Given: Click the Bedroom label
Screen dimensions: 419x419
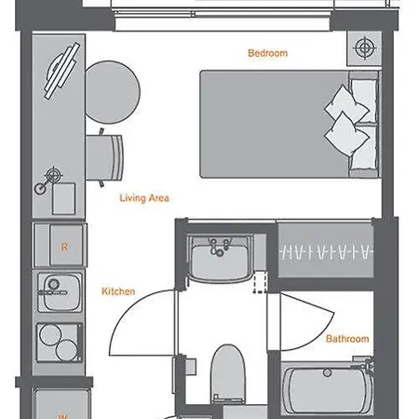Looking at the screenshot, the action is click(267, 53).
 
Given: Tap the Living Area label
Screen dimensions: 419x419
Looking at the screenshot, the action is click(144, 198).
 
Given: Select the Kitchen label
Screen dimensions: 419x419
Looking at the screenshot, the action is click(118, 291).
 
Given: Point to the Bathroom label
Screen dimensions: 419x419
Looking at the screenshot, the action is click(347, 339).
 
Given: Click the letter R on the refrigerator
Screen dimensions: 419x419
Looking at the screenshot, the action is click(64, 247).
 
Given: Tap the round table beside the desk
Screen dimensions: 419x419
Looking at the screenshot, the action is click(113, 92).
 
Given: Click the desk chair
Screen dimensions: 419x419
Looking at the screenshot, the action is click(105, 157).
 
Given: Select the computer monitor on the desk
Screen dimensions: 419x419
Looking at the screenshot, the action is click(61, 71).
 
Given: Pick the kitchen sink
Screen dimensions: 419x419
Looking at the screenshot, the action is click(60, 292).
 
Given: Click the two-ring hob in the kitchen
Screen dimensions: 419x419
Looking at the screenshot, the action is click(60, 343).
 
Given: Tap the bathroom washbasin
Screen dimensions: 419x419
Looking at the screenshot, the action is click(220, 259).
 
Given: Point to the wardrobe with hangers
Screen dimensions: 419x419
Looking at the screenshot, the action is click(326, 250).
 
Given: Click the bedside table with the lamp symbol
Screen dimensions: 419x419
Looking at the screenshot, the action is click(364, 48).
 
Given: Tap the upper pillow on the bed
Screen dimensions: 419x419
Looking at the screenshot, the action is click(346, 103).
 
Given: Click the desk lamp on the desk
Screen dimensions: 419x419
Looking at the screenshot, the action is click(48, 181).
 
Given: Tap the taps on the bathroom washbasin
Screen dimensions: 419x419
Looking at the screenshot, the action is click(220, 248).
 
